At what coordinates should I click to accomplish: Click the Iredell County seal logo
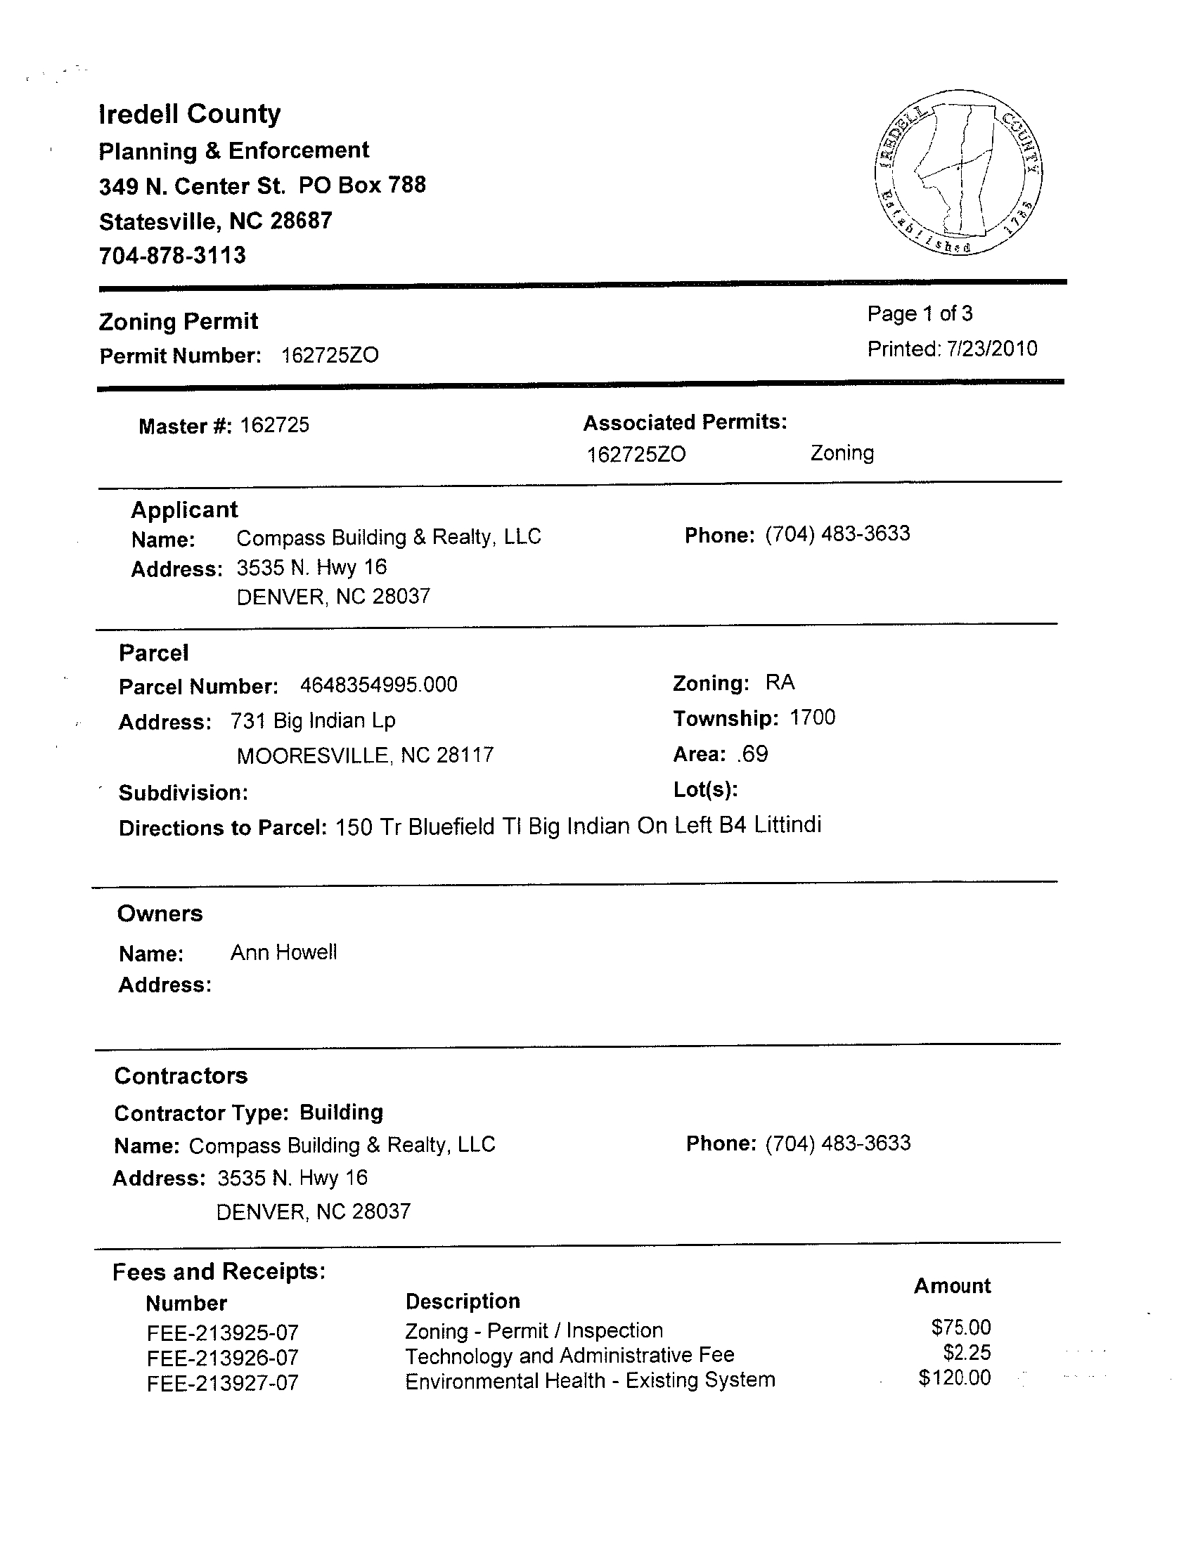(958, 172)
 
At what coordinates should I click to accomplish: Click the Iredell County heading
(190, 114)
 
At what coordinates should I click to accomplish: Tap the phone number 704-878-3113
(172, 255)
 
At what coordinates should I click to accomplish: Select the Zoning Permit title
(178, 322)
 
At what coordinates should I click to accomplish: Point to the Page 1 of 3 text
(920, 313)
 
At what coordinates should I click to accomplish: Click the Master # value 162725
(274, 425)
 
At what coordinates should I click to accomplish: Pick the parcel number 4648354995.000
(378, 685)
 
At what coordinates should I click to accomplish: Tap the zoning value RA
(780, 683)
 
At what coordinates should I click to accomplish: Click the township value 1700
(812, 718)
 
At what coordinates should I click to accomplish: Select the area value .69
(752, 754)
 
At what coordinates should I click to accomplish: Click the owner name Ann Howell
(283, 953)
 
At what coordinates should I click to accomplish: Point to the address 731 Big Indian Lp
(313, 721)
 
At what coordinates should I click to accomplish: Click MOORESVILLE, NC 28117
(365, 755)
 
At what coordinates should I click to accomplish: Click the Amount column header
(952, 1286)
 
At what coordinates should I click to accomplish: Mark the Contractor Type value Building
(341, 1112)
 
